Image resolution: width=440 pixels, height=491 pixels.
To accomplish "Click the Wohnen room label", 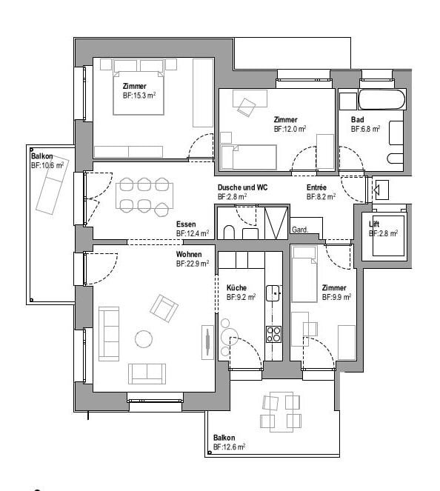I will point(189,254).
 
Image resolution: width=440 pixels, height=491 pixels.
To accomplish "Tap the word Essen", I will point(186,224).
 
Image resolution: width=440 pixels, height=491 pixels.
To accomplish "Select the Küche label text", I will point(236,288).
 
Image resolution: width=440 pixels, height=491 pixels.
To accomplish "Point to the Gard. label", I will point(300,230).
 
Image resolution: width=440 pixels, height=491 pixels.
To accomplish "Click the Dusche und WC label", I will point(242,188).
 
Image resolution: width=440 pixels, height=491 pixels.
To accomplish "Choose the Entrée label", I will point(317,188).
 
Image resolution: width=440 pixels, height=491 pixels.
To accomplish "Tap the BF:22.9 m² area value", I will point(193,263).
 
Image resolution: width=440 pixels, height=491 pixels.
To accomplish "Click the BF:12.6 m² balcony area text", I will point(229,447).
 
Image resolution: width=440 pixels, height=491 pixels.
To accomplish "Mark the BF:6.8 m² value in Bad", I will point(365,128).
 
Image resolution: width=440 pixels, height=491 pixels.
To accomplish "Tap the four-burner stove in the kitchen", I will point(273,334).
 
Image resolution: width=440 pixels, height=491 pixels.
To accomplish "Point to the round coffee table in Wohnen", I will point(144,338).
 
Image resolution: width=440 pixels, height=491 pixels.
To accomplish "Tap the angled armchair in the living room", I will point(164,307).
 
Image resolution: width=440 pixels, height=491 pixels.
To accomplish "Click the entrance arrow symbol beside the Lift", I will point(381,192).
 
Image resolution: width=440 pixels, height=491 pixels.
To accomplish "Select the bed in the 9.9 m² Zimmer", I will point(304,275).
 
